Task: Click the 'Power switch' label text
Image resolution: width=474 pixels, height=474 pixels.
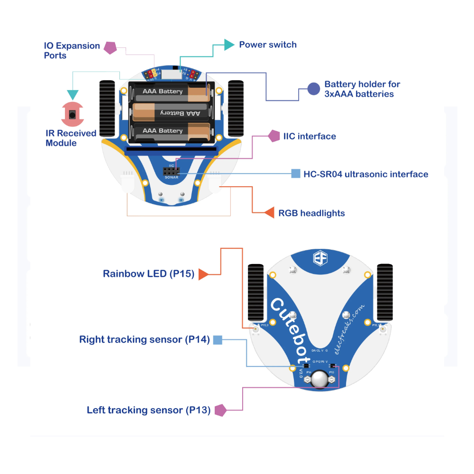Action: (268, 45)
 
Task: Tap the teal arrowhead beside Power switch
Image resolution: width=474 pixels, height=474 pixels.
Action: (229, 45)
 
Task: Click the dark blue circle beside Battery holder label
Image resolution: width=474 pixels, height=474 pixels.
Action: (313, 89)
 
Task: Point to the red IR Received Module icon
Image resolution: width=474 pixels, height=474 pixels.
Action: (72, 114)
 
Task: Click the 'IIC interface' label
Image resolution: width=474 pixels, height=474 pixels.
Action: (310, 137)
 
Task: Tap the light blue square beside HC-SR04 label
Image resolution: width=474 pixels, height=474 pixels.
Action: (296, 173)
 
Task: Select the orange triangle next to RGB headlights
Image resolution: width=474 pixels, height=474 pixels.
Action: (269, 212)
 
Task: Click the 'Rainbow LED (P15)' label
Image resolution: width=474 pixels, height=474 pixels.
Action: (148, 274)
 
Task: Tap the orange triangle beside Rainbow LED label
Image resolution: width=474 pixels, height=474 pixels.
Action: (203, 274)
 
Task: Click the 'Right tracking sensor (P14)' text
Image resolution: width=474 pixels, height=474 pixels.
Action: (144, 339)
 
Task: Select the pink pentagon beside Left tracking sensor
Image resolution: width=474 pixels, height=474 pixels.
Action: (220, 410)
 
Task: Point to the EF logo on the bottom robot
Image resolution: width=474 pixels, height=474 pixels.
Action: (319, 259)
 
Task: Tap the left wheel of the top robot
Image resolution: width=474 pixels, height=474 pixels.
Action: (107, 109)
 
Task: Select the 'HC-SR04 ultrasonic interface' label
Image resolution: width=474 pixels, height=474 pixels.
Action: (365, 174)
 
